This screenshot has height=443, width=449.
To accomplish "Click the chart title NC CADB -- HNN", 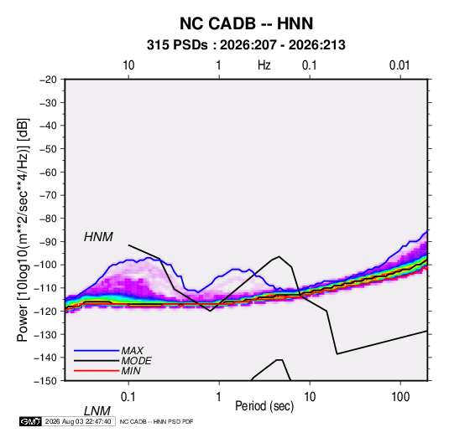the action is (246, 23).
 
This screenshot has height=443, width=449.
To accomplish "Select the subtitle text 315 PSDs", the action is (177, 45).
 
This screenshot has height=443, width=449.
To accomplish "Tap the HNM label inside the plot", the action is (98, 237).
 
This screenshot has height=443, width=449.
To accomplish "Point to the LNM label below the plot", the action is (97, 411).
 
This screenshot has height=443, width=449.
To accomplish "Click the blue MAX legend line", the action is (97, 351).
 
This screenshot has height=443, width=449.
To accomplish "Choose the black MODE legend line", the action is (97, 361).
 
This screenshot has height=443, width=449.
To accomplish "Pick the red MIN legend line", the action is (97, 371).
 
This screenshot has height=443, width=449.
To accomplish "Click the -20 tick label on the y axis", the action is (48, 80).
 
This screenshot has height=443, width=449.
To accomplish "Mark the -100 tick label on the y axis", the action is (45, 265).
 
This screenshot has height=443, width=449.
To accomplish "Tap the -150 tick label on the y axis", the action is (45, 381).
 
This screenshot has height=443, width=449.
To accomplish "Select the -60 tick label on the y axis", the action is (48, 173).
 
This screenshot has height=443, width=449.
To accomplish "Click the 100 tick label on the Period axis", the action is (400, 397).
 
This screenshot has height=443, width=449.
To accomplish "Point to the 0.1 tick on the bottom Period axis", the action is (128, 397).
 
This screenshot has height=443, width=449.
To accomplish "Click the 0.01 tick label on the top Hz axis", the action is (399, 65).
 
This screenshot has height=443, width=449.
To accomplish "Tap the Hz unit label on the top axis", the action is (264, 65).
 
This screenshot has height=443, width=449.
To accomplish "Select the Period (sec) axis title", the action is (264, 406).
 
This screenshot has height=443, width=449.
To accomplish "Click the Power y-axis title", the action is (23, 230).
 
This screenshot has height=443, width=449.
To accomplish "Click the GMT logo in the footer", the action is (30, 421).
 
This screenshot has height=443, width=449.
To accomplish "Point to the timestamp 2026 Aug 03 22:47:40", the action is (78, 421).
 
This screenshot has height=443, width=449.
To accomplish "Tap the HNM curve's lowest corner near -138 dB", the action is (337, 354).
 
